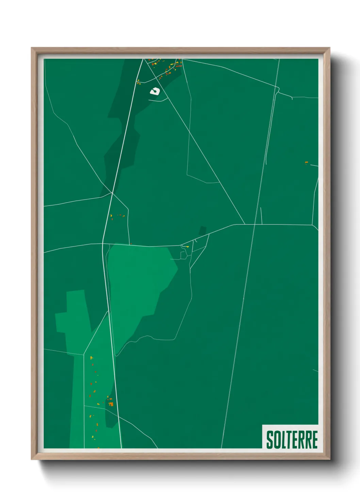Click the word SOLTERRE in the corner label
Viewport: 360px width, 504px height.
(x=292, y=440)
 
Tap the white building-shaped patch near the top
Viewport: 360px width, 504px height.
(x=155, y=91)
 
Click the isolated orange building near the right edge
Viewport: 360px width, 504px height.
(x=306, y=162)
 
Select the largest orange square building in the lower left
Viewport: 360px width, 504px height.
(x=111, y=404)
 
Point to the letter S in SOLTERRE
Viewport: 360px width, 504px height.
(x=269, y=440)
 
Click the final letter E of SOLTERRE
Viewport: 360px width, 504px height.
(x=314, y=440)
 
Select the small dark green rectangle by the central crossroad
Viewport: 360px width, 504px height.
(x=202, y=231)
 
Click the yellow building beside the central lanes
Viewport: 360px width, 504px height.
(x=187, y=246)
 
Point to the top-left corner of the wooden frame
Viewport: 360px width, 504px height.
(x=32, y=48)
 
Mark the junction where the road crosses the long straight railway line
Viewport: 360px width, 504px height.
(x=255, y=224)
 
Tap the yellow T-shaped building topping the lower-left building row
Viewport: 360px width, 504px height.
(x=91, y=358)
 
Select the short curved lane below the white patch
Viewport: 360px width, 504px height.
(x=160, y=100)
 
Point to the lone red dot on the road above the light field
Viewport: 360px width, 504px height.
(x=131, y=243)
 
